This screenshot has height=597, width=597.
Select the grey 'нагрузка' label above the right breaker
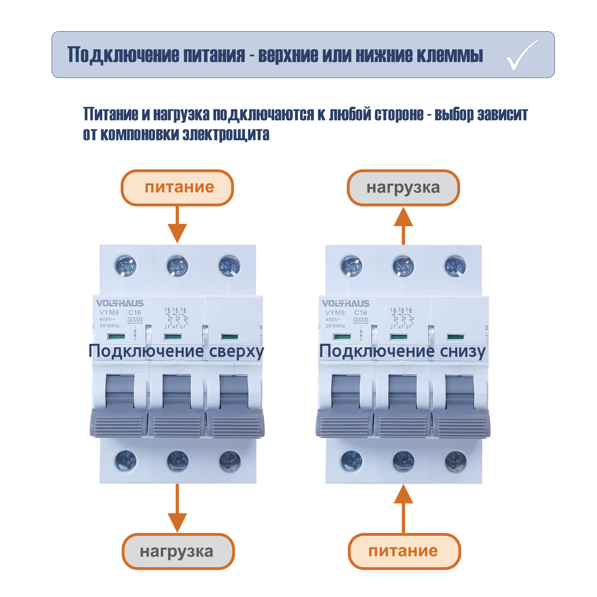point(403,188)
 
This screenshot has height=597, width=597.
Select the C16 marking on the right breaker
point(361,313)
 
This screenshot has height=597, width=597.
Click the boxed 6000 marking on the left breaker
point(135,321)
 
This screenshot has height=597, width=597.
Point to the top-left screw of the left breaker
point(125,266)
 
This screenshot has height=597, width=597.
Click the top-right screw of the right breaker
point(455,266)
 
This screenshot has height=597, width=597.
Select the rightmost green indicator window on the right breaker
point(456,337)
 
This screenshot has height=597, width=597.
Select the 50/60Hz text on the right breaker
point(335,326)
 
